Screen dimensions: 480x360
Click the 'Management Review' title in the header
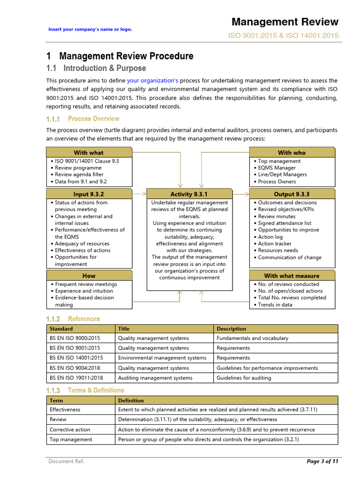[x=285, y=22]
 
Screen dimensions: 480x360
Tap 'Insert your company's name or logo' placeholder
[x=90, y=29]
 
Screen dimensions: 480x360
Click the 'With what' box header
[x=89, y=152]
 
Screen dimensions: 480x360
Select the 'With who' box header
[x=292, y=152]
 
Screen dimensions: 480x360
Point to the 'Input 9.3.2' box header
[x=89, y=194]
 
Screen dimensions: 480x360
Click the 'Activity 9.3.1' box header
[x=189, y=194]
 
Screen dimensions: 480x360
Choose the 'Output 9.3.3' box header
[x=292, y=194]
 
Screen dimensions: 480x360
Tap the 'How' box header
[x=89, y=276]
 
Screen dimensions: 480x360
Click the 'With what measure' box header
[x=292, y=276]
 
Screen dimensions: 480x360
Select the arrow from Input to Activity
[x=139, y=193]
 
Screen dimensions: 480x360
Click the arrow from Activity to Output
[x=241, y=193]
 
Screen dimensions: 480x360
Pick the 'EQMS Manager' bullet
[x=277, y=168]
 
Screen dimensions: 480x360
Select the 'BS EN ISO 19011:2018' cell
[x=76, y=378]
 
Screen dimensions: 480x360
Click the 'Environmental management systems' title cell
[x=162, y=358]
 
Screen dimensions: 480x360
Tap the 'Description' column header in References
[x=231, y=329]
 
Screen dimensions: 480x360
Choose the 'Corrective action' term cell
[x=70, y=429]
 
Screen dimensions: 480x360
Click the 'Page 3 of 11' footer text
[x=322, y=461]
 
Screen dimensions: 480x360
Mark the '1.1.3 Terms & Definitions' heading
[x=85, y=390]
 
